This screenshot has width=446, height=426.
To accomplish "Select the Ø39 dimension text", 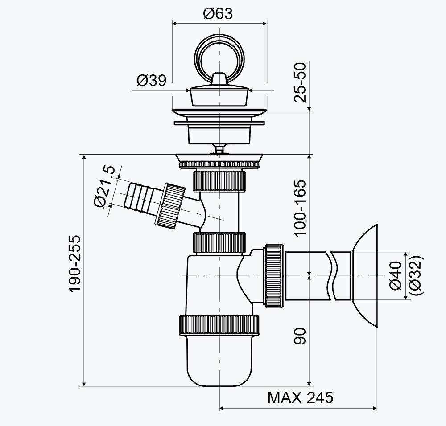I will pos(151,81).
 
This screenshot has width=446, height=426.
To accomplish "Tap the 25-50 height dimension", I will pos(302,83).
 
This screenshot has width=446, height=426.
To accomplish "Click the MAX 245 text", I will pos(300,397).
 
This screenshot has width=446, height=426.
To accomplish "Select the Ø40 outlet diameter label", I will pos(396,276).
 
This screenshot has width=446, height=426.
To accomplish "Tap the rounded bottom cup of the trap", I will pos(219,361).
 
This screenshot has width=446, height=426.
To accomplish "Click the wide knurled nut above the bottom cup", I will pos(219,325).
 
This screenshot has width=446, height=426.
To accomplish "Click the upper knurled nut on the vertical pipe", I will pos(219,179).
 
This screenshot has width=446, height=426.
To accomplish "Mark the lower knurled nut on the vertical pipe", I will pos(219,242).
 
